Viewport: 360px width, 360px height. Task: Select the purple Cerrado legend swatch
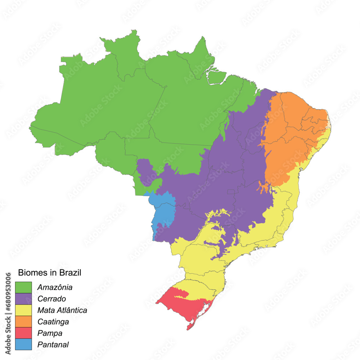coord(23,299)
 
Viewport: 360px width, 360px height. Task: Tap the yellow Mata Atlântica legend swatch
coord(23,310)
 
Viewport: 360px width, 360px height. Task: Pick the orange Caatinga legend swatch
coord(23,321)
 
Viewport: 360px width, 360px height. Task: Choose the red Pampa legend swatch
coord(23,333)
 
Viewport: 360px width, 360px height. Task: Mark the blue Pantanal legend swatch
coord(23,345)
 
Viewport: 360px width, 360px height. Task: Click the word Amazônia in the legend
coord(55,288)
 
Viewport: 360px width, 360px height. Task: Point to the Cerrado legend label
coord(52,299)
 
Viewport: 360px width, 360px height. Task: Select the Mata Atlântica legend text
coord(62,310)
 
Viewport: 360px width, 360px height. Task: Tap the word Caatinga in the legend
coord(53,321)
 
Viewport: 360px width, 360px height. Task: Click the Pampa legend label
coord(50,333)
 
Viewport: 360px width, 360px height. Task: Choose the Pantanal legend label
coord(53,345)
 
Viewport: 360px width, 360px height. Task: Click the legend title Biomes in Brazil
coord(50,273)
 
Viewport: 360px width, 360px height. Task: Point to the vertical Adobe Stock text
coord(8,338)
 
